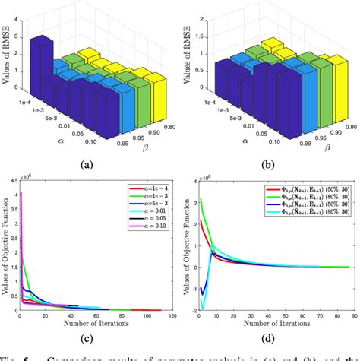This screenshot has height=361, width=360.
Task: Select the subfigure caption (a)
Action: coord(90,163)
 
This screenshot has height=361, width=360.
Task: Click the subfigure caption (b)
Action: coord(269,163)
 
